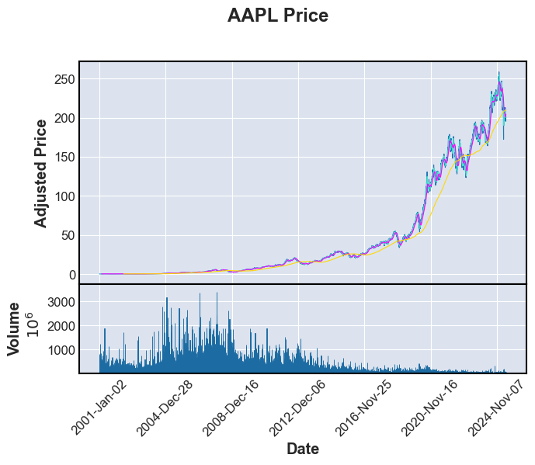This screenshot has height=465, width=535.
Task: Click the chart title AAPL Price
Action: click(x=277, y=16)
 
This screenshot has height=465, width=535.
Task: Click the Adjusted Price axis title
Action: click(x=41, y=173)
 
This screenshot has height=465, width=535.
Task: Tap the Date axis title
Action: click(x=302, y=449)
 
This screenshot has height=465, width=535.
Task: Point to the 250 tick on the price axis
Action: click(x=64, y=80)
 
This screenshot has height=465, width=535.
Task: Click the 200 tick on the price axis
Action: click(x=64, y=119)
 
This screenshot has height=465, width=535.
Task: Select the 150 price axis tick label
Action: click(x=64, y=158)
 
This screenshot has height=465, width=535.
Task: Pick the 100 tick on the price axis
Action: click(x=64, y=196)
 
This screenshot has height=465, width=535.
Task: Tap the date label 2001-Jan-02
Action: click(x=99, y=408)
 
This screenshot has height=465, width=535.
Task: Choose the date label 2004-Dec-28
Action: click(x=165, y=408)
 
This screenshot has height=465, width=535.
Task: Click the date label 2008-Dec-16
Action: click(x=231, y=408)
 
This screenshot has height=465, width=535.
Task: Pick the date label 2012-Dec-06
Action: click(x=297, y=408)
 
